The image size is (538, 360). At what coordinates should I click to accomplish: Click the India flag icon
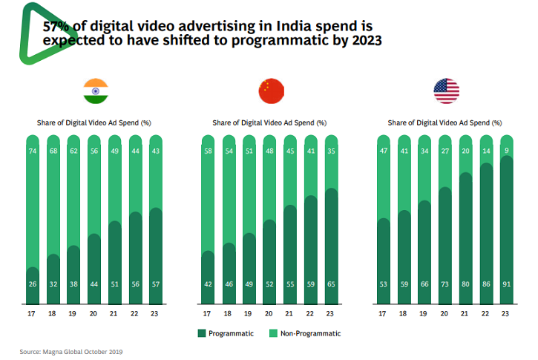95,91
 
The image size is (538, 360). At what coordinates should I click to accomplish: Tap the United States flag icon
446,91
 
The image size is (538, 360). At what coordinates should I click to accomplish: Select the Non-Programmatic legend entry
304,333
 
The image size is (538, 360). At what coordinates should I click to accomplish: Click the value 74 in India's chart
33,151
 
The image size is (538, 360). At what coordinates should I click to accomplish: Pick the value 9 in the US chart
506,151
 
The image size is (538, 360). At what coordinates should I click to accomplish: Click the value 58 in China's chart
208,151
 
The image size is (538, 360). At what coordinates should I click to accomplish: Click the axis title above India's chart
94,122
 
